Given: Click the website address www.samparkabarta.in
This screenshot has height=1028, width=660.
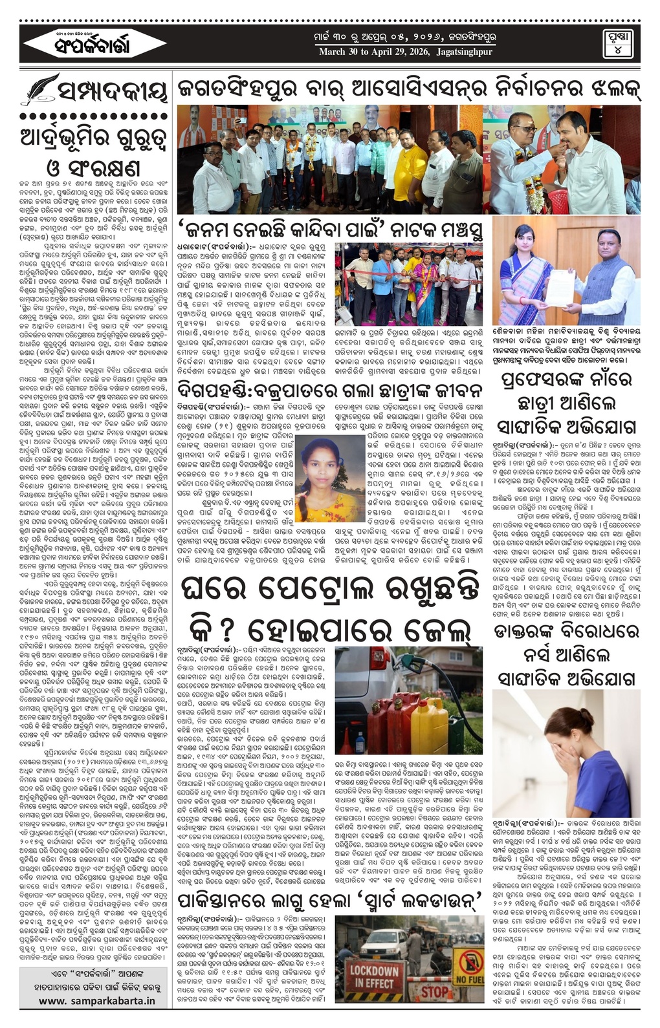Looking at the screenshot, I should (x=97, y=1000).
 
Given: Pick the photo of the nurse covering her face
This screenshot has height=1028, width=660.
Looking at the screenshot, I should (x=566, y=753).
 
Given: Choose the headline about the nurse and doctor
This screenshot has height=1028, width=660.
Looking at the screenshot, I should (x=566, y=656).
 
